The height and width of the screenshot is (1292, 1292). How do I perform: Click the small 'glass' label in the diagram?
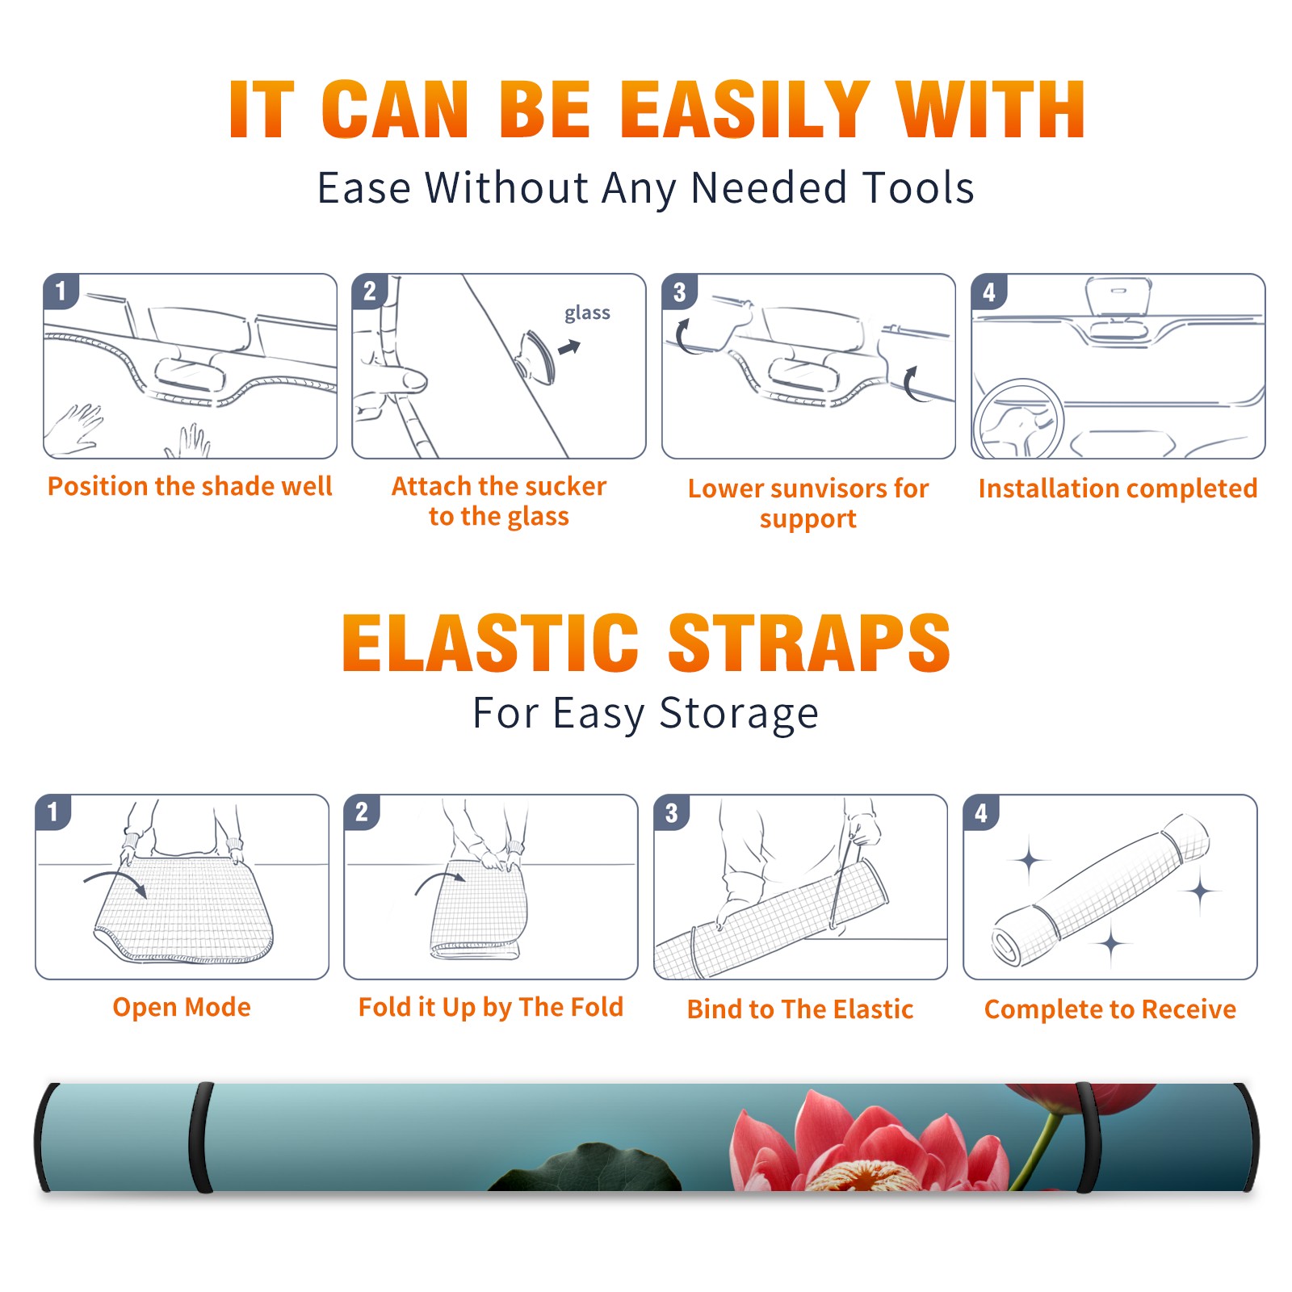(587, 313)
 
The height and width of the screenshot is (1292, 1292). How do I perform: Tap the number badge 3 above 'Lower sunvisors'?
(679, 292)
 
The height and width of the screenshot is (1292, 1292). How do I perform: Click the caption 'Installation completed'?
(1118, 488)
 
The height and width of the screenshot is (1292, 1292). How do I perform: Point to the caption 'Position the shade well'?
(190, 486)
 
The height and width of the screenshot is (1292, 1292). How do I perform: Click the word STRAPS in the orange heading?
(809, 643)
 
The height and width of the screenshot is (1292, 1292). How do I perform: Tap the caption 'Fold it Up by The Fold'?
(491, 1007)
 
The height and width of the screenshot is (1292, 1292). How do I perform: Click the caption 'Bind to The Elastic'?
(799, 1009)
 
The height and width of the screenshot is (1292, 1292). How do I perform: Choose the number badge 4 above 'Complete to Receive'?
(981, 812)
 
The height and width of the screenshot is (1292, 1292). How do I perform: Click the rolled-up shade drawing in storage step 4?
(1101, 890)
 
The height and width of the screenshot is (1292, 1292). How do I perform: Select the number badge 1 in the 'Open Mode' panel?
(52, 812)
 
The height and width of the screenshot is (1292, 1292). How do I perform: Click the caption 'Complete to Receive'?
(1110, 1009)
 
